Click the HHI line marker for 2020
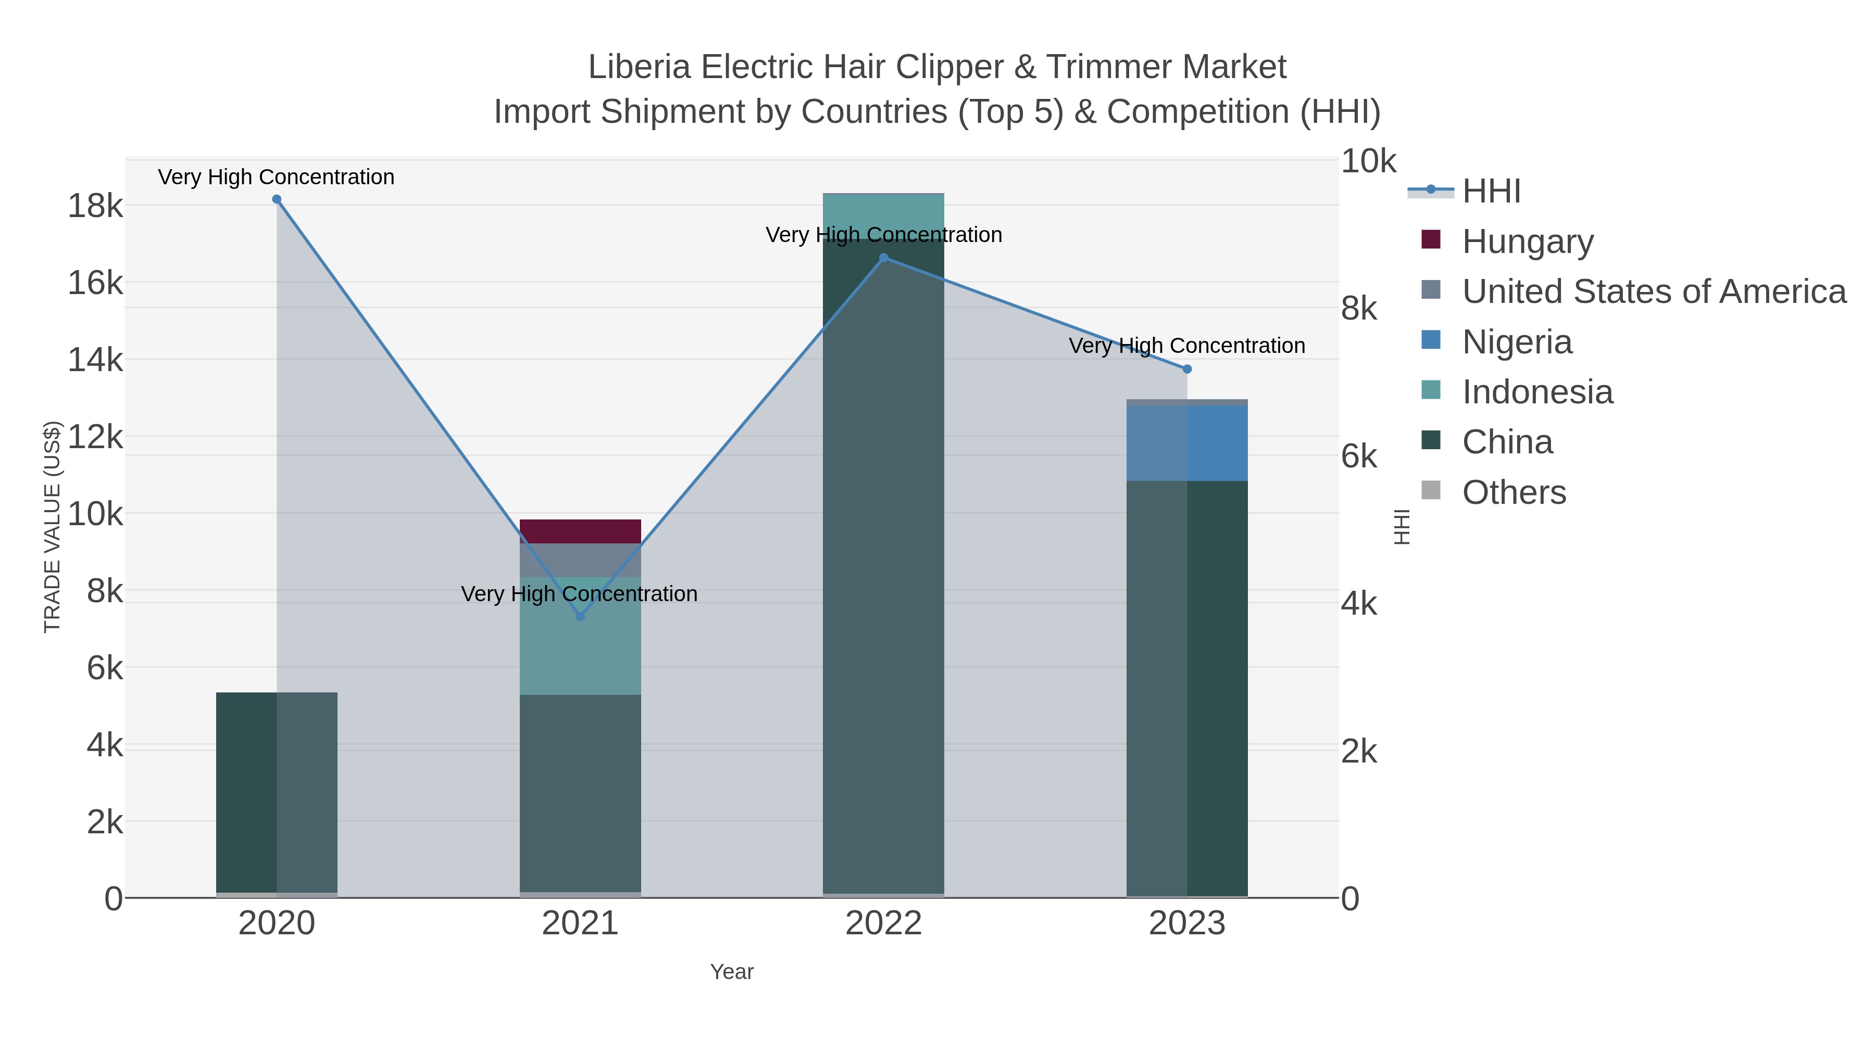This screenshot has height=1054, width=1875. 277,199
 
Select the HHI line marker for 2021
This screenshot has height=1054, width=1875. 580,617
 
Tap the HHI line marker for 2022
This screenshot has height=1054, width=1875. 884,258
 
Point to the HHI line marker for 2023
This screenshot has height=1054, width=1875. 1187,370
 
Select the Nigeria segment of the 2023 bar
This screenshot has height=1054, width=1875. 1187,443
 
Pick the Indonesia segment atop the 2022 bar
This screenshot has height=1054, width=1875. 884,216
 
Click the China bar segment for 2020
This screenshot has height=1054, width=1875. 277,792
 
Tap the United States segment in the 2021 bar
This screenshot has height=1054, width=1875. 580,560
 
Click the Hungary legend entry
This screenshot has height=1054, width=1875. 1527,241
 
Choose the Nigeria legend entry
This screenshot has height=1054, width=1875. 1517,342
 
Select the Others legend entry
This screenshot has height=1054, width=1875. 1514,492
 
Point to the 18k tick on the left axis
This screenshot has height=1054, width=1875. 95,206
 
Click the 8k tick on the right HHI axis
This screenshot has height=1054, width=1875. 1359,309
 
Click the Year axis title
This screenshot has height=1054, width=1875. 732,972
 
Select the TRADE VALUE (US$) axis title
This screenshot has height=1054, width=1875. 53,527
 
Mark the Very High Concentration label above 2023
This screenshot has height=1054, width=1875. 1186,346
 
